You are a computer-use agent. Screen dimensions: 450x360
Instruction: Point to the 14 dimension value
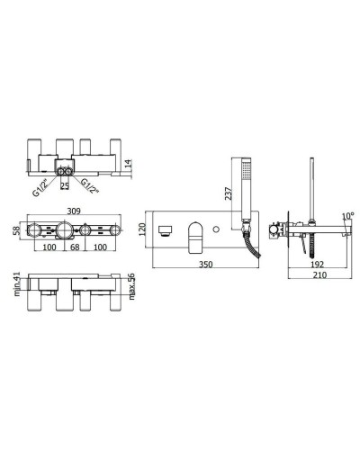[x=129, y=165]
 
